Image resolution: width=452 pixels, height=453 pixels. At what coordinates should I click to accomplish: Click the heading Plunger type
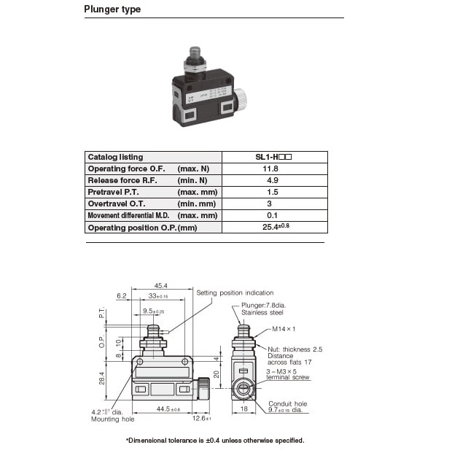point(112,9)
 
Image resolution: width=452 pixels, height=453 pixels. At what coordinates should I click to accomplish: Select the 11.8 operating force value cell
point(275,169)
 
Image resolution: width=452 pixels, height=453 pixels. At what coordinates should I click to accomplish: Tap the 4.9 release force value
point(273,180)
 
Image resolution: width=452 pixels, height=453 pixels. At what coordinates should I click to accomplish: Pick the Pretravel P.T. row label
point(113,192)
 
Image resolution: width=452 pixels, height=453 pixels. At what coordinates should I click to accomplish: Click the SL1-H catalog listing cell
point(275,157)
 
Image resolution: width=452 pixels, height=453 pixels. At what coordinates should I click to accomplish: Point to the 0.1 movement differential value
point(272,215)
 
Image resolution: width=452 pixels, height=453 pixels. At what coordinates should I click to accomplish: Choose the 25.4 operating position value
point(276,227)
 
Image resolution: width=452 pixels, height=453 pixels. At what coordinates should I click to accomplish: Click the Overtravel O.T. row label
point(117,204)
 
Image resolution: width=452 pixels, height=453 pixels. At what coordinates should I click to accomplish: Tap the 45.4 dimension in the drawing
point(160,285)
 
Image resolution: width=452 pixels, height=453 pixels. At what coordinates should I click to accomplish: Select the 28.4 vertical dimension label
point(101,378)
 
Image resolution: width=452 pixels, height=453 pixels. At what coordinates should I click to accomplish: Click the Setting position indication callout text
point(235,293)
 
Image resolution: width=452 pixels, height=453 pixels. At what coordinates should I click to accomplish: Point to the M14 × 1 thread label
point(284,329)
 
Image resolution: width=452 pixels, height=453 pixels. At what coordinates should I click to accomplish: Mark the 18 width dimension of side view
point(244,409)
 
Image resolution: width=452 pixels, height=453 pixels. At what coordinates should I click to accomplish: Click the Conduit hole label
point(288,403)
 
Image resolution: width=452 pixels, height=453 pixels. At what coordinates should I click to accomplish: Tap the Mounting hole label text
point(113,419)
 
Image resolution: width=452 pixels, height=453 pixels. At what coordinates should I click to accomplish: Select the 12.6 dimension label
point(202,418)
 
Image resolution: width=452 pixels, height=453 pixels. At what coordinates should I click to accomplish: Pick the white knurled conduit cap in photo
point(240,99)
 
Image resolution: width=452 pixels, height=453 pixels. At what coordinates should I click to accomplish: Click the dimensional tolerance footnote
point(215,441)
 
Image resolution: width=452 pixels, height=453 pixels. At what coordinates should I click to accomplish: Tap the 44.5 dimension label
point(168,409)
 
